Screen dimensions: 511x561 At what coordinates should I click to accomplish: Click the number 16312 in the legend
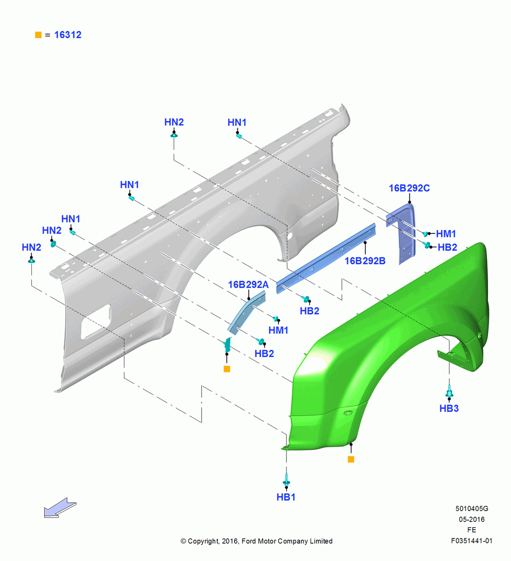68,35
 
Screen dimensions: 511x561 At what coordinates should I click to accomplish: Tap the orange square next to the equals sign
38,35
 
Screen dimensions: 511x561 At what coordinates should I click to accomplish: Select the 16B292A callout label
248,284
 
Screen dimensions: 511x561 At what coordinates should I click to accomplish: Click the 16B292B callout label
365,261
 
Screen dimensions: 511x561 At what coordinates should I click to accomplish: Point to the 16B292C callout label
409,188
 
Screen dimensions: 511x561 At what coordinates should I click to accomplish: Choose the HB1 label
286,497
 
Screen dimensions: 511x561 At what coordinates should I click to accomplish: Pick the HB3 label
449,408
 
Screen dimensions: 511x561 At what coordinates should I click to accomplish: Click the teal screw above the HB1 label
286,479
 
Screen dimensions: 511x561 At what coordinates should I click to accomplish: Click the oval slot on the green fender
348,413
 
